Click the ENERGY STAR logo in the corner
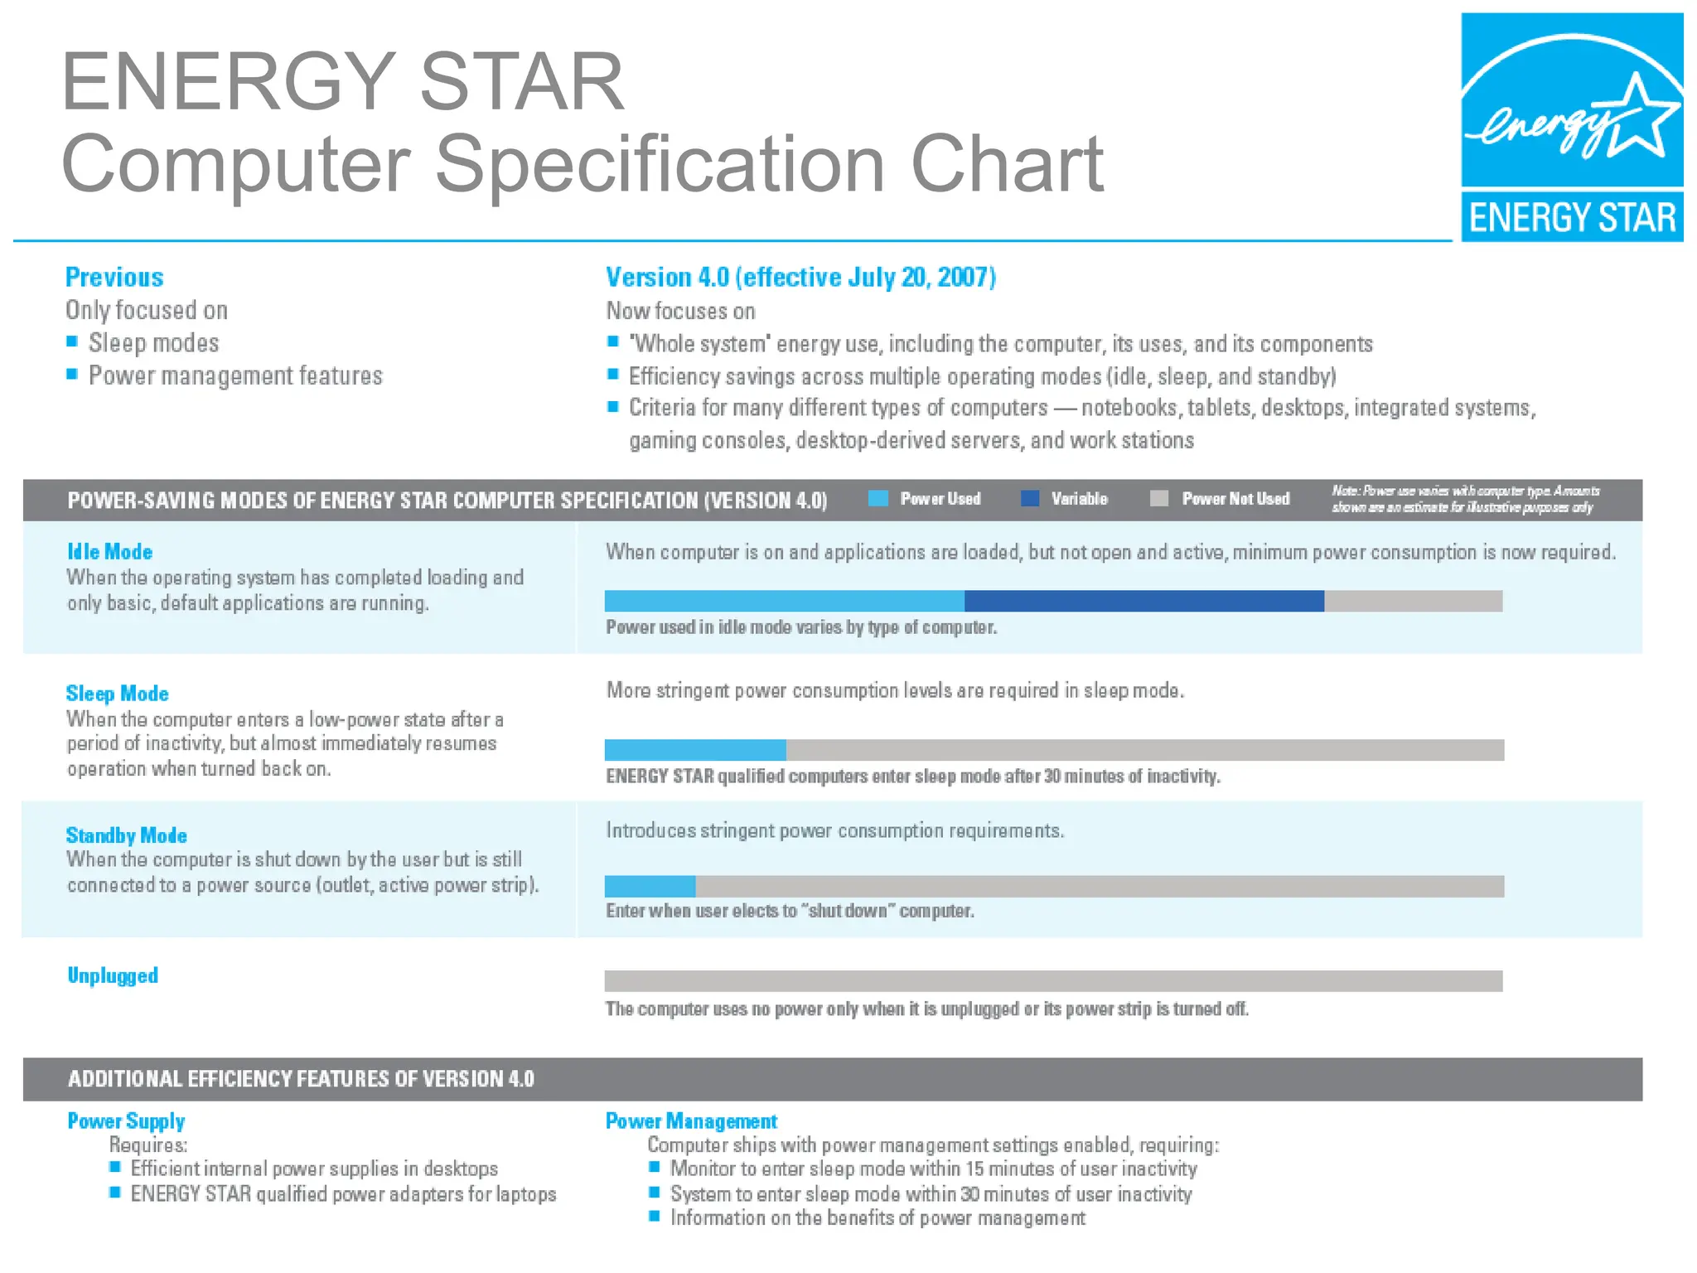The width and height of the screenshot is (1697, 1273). [1571, 127]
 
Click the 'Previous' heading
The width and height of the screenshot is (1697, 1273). [114, 277]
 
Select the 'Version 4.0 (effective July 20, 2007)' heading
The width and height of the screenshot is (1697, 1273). [800, 277]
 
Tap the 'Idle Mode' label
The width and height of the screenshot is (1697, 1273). [109, 552]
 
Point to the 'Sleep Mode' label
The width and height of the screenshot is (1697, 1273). [117, 694]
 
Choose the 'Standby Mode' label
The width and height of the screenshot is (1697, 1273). [126, 835]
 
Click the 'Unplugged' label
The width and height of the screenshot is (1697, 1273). [113, 975]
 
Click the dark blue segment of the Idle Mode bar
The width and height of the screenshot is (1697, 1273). [1143, 601]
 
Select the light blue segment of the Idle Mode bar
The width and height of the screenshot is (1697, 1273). [784, 601]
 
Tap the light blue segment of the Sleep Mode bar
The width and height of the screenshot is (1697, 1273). [695, 750]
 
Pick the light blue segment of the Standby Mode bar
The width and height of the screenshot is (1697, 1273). [650, 886]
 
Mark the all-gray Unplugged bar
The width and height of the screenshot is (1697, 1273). [1053, 981]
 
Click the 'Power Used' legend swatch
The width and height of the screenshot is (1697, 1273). [878, 498]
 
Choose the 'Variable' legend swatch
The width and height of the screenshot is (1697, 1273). [1030, 498]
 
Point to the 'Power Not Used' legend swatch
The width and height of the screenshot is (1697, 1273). [1159, 498]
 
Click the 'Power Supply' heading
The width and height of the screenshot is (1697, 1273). [126, 1121]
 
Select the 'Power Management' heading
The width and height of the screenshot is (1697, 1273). [691, 1121]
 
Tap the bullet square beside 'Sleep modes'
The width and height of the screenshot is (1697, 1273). [72, 341]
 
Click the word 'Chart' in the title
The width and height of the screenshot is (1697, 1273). [1007, 164]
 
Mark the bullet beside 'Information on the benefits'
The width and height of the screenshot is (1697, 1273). [655, 1217]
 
